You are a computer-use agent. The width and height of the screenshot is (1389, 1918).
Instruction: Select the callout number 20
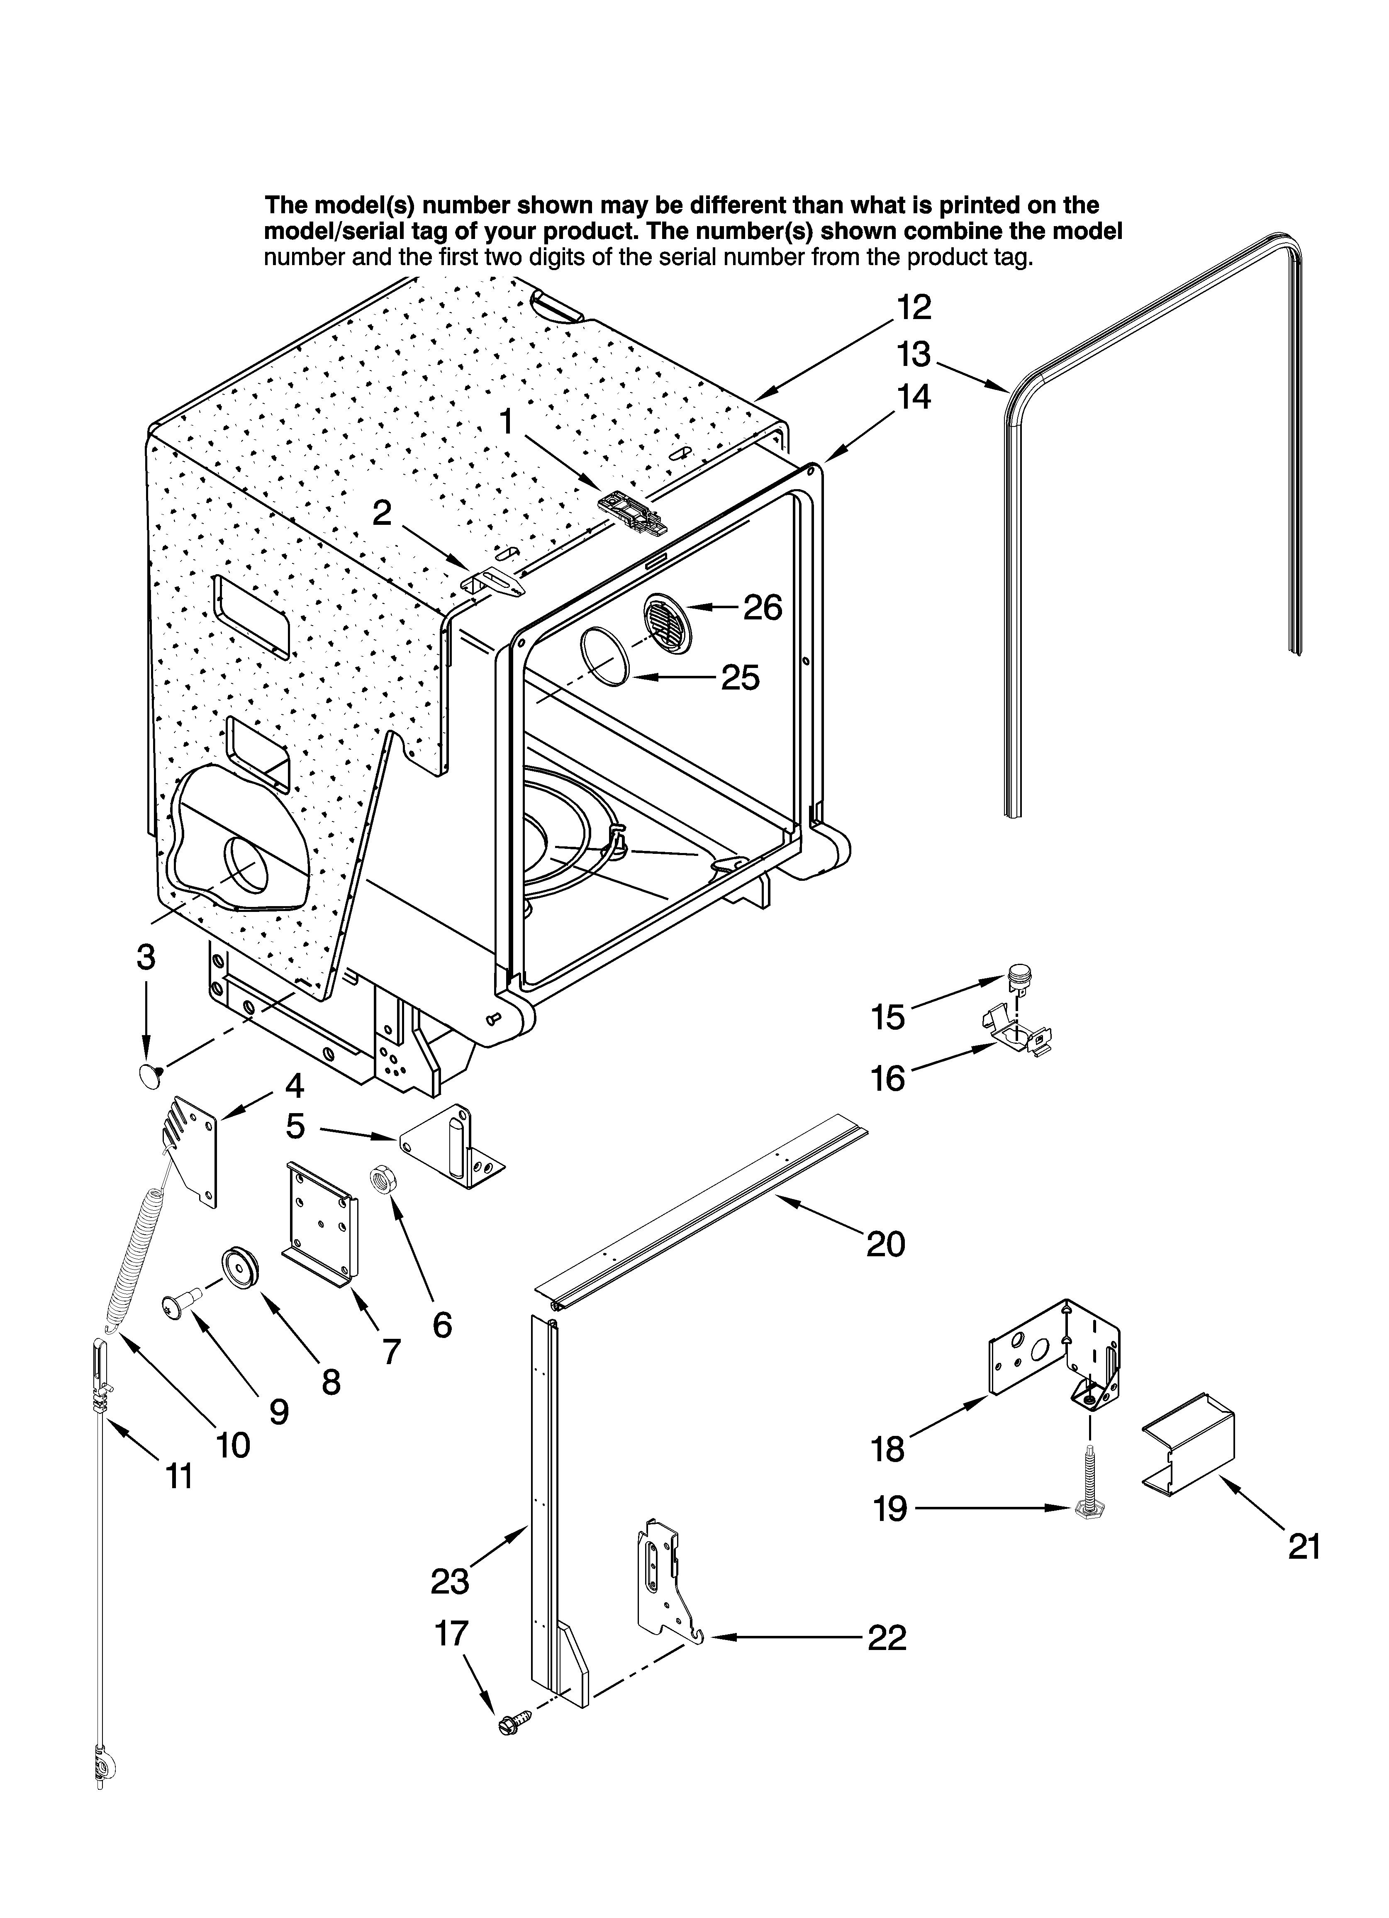885,1244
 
